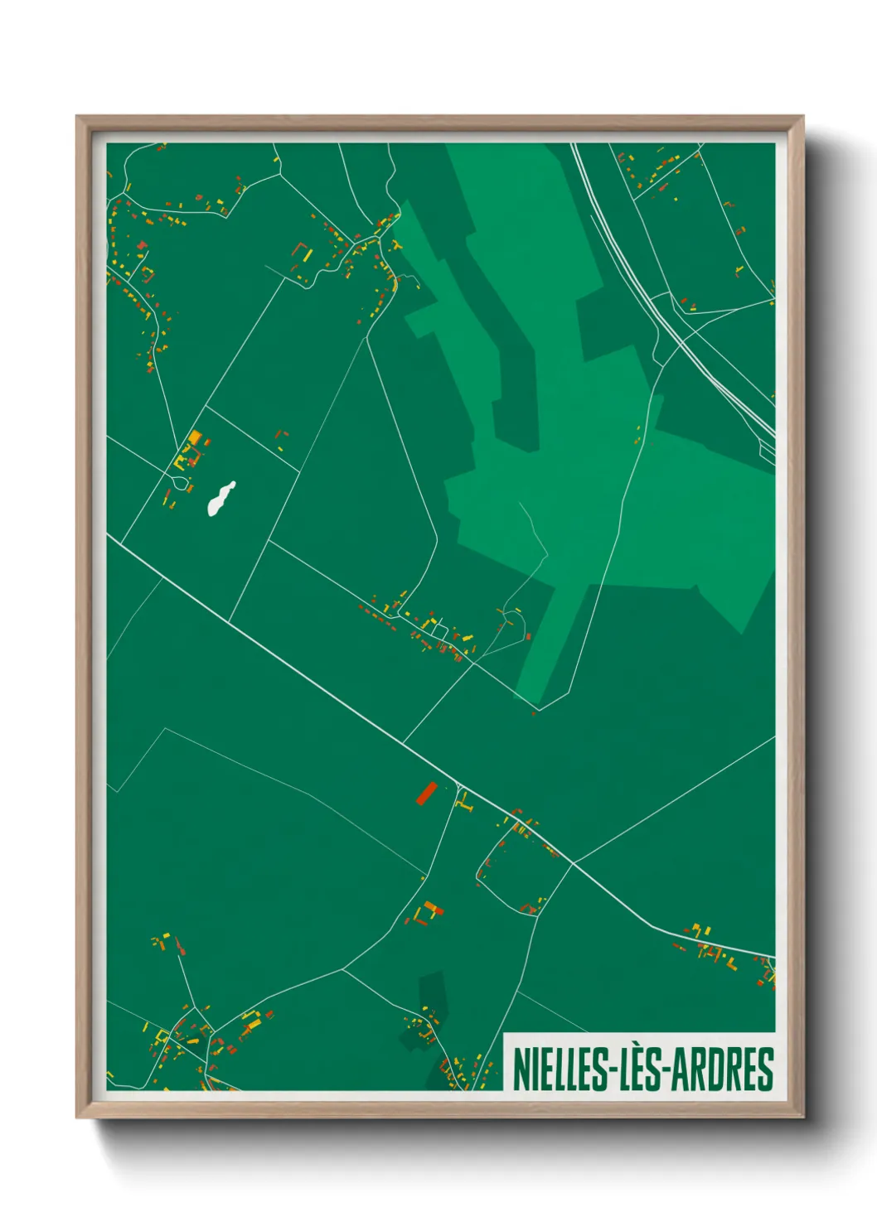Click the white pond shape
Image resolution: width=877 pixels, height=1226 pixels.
tap(220, 499)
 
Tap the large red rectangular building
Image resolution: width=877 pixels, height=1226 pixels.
tap(426, 793)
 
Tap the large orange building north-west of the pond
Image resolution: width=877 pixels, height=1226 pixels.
tap(195, 437)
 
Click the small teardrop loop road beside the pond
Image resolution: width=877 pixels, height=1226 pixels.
tap(179, 482)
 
